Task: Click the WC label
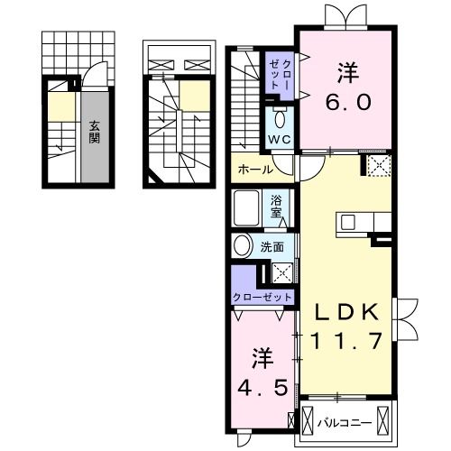point(279,141)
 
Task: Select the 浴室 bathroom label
point(279,208)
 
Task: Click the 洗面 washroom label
point(273,245)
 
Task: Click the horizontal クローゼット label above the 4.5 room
point(262,297)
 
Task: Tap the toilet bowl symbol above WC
point(280,118)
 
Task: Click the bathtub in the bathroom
point(250,210)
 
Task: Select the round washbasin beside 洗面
point(244,246)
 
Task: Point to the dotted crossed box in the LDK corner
point(376,165)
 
